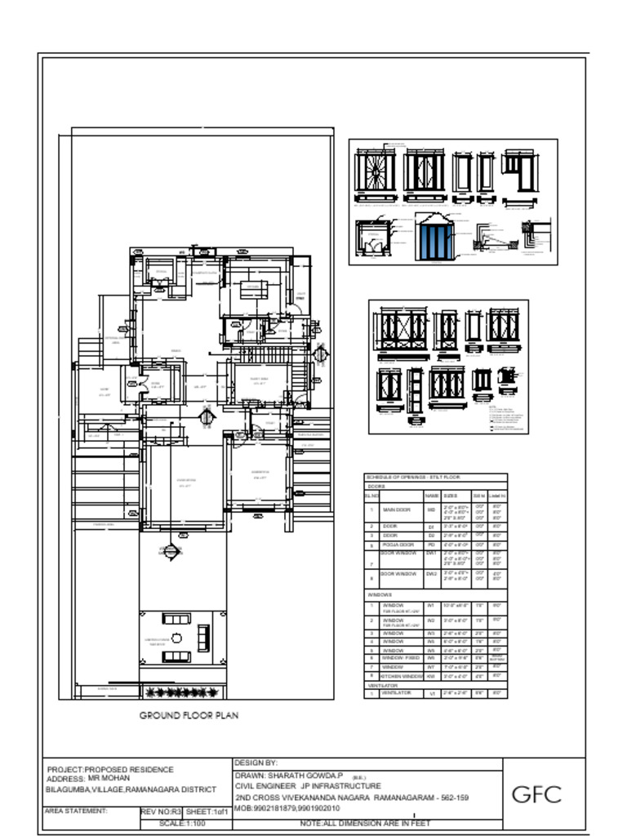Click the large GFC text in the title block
tap(536, 794)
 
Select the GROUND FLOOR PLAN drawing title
tap(189, 716)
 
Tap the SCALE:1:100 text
tap(182, 824)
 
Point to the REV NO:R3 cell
tap(160, 812)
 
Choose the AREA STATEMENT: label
tap(76, 812)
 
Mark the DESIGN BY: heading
tap(256, 763)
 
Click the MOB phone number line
tap(287, 808)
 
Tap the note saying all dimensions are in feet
tap(365, 824)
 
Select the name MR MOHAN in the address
tap(109, 779)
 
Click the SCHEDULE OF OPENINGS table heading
tap(412, 477)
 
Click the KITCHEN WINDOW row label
tap(402, 676)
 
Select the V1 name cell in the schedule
tap(432, 694)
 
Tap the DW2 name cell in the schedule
tap(432, 575)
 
